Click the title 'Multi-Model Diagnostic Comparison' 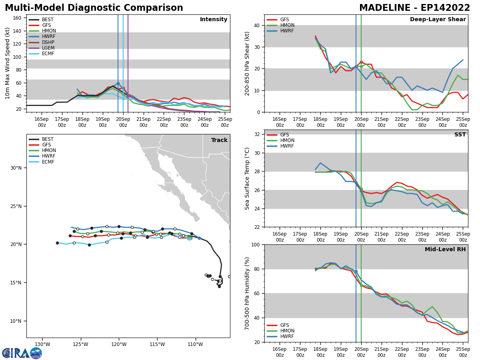[x=94, y=8]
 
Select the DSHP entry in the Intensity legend [x=48, y=42]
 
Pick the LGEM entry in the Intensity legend [x=48, y=48]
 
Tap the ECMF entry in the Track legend [x=48, y=162]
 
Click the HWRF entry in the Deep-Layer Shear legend [x=287, y=31]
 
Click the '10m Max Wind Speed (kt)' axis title [x=8, y=63]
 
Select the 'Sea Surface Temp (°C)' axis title [x=248, y=178]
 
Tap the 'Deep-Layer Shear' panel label [x=438, y=20]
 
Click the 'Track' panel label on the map [x=219, y=140]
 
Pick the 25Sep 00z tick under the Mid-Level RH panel [x=463, y=352]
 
